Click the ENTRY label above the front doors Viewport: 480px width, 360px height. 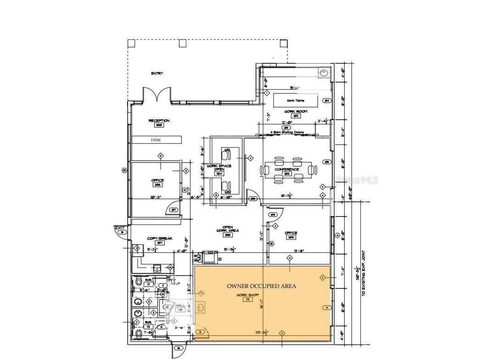(157, 73)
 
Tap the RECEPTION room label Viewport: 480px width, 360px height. (159, 121)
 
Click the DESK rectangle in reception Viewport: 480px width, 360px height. (156, 140)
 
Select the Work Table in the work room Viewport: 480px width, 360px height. (296, 100)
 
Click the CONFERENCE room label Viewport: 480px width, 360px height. (287, 169)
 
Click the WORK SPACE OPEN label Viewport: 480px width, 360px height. (219, 167)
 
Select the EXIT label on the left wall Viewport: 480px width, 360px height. (120, 227)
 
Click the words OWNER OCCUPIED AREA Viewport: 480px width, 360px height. (262, 286)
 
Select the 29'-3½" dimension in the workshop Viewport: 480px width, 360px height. (261, 332)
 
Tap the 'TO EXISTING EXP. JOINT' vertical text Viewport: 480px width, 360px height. (364, 272)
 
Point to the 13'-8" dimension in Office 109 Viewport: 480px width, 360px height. (299, 250)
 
